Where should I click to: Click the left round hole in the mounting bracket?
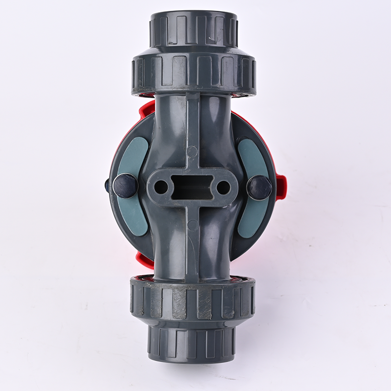click(161, 186)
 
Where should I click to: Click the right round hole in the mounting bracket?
click(223, 187)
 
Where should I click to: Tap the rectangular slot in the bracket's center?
click(192, 186)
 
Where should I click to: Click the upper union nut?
click(194, 73)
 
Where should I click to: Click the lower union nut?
click(193, 300)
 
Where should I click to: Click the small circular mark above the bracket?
click(192, 151)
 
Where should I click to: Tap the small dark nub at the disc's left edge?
click(108, 185)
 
